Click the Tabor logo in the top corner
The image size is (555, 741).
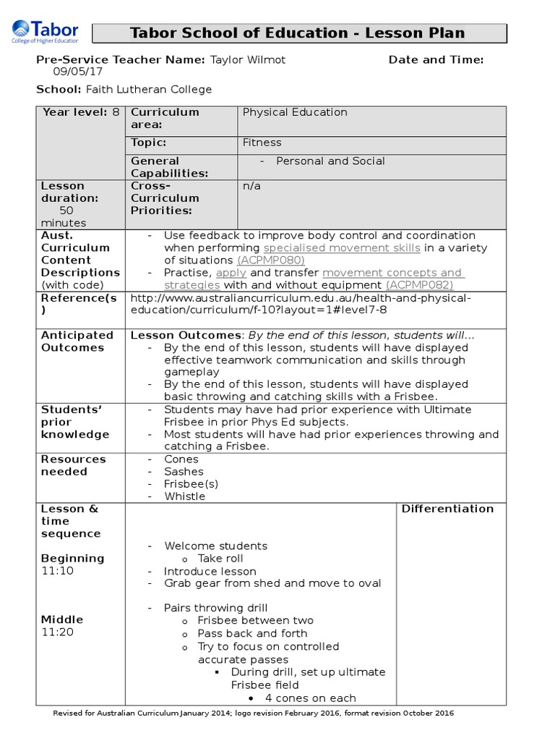(x=44, y=33)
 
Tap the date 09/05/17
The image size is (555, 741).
(x=76, y=72)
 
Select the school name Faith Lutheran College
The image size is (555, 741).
(x=149, y=90)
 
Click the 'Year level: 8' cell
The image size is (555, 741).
(x=80, y=112)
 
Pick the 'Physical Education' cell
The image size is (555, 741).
(x=295, y=112)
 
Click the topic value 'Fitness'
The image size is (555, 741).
(x=262, y=143)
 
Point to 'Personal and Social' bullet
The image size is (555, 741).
(x=330, y=161)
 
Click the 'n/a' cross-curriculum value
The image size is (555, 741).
(x=251, y=186)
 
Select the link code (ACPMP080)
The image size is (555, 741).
(x=271, y=261)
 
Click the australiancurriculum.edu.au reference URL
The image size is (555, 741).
(x=300, y=304)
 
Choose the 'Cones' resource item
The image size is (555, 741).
(x=181, y=460)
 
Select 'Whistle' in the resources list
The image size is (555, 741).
(x=184, y=496)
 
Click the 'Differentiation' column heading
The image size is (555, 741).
(x=447, y=509)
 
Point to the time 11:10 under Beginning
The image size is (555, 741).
(x=57, y=571)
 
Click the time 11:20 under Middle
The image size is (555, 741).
(x=57, y=632)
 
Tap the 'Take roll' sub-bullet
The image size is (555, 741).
(x=220, y=559)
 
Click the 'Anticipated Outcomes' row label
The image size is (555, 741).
(x=77, y=341)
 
